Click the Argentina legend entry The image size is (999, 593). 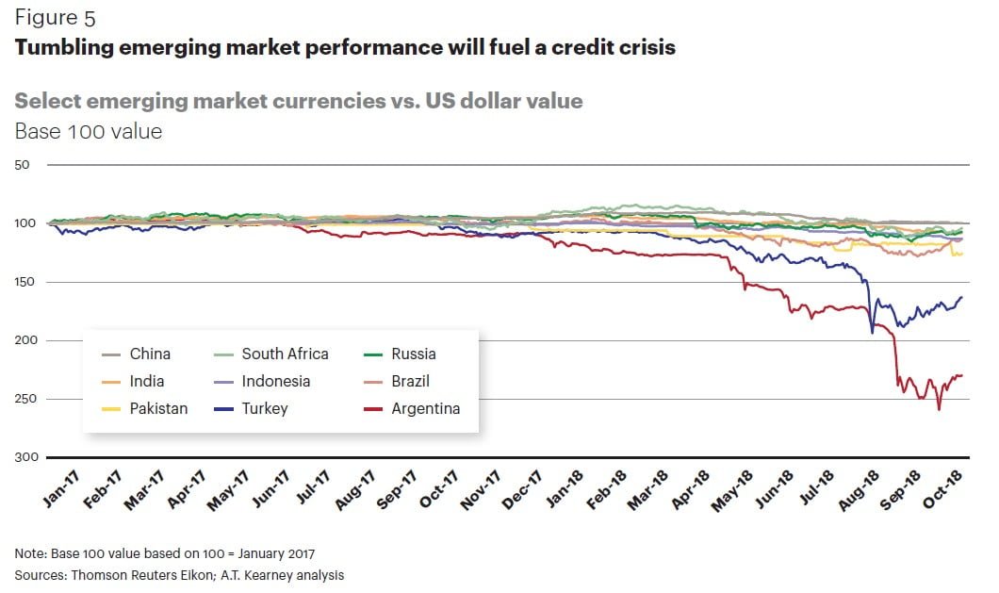pos(425,408)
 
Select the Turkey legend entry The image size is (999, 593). pos(264,408)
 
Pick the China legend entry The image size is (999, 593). pos(150,354)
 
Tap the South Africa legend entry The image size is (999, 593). pos(285,354)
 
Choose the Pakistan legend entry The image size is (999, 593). pos(157,408)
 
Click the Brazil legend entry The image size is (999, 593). pos(411,381)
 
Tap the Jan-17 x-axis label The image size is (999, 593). pos(61,489)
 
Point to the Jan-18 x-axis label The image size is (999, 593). pos(564,489)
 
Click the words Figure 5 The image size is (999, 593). pos(55,18)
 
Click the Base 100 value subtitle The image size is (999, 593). pos(89,131)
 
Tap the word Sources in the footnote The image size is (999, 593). pos(39,574)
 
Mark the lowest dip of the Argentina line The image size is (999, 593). pos(939,409)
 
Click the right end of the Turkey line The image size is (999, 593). pos(961,298)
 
